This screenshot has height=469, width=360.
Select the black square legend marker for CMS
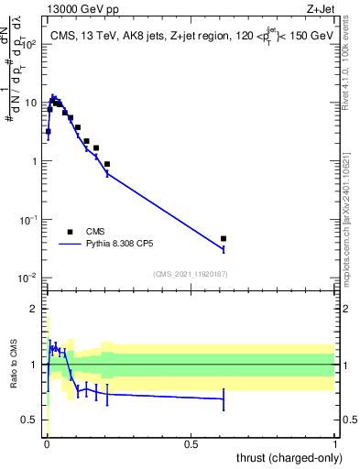click(71, 232)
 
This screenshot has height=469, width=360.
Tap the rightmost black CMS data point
click(224, 238)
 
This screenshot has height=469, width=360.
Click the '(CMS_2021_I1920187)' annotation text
click(191, 274)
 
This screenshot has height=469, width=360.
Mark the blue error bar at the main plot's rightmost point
click(224, 248)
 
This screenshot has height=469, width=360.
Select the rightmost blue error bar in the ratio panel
click(224, 398)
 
